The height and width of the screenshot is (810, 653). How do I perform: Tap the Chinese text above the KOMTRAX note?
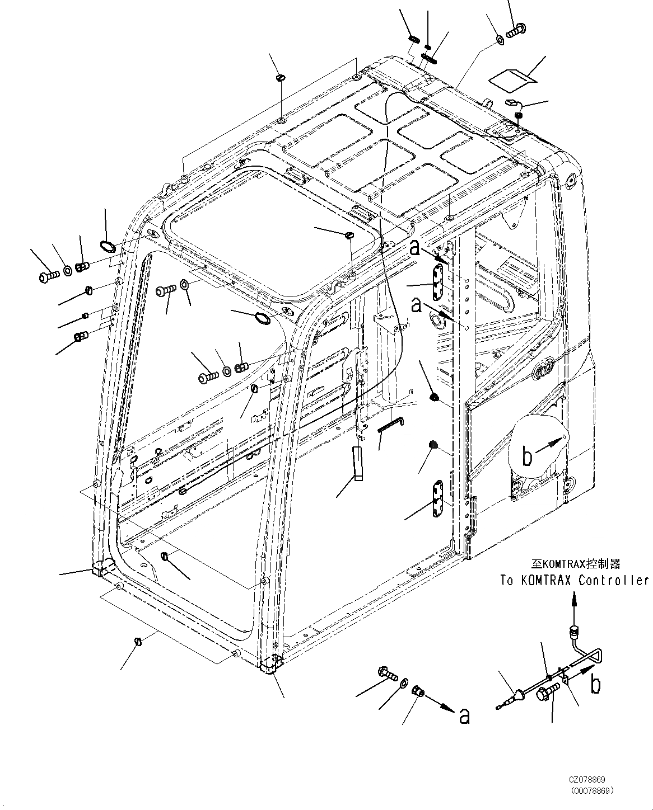pyautogui.click(x=576, y=564)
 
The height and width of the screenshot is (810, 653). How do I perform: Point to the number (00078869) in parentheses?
pyautogui.click(x=591, y=790)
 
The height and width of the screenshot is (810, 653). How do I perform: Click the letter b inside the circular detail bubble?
pyautogui.click(x=527, y=457)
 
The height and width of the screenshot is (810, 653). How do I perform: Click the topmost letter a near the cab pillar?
pyautogui.click(x=414, y=247)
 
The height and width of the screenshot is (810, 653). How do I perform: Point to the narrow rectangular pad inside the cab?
pyautogui.click(x=357, y=463)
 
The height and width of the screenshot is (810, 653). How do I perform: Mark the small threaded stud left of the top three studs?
pyautogui.click(x=414, y=39)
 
